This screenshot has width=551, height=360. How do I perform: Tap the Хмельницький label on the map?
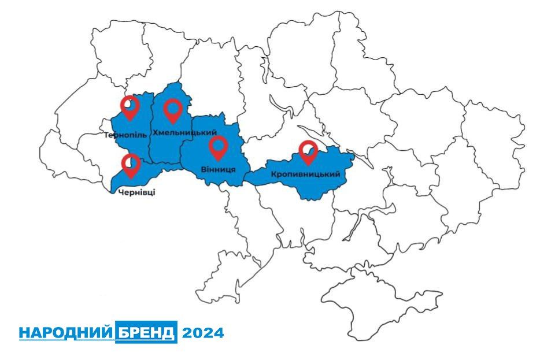180,133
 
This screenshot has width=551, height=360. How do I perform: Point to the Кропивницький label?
304,173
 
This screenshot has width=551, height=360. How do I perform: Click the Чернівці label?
136,192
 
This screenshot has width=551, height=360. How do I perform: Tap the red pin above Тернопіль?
130,107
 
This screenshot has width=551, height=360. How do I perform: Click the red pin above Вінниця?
218,147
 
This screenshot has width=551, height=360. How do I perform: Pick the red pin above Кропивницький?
309,153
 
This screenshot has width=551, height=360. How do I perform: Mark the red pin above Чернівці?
131,165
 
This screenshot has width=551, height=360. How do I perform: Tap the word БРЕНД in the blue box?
146,333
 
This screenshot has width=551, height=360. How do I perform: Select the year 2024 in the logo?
202,333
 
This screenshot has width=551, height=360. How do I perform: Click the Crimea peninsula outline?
370,300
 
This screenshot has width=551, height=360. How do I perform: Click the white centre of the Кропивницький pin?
309,150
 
